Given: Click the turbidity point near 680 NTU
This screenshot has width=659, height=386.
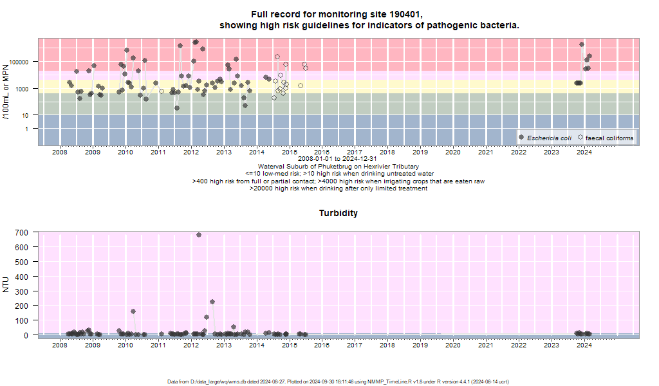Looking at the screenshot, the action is (199, 235).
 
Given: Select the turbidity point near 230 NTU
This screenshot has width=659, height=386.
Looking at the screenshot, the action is (212, 302).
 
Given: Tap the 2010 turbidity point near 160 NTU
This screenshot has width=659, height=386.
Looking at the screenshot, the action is (133, 311).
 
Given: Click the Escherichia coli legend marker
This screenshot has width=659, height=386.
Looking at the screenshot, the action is (521, 137).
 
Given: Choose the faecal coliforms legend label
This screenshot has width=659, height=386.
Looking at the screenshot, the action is (609, 138).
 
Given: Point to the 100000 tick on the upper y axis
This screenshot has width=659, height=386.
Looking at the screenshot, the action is (19, 62).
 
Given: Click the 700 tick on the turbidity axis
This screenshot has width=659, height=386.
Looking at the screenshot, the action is (21, 232).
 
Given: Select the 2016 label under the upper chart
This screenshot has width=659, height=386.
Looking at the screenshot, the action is (322, 152).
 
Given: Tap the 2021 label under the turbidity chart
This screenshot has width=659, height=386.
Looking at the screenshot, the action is (485, 345).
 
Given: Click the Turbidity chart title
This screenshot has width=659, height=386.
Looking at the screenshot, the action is (339, 213).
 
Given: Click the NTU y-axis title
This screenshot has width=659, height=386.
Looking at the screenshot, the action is (6, 284).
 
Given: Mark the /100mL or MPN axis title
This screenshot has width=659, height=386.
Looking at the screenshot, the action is (6, 91).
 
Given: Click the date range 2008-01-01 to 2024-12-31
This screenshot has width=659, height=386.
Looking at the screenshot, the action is (337, 159).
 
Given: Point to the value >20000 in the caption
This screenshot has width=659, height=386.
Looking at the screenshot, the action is (261, 188).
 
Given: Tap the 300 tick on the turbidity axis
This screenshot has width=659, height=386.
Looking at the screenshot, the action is (21, 291).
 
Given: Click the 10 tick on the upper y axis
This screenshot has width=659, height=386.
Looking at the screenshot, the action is (24, 116).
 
